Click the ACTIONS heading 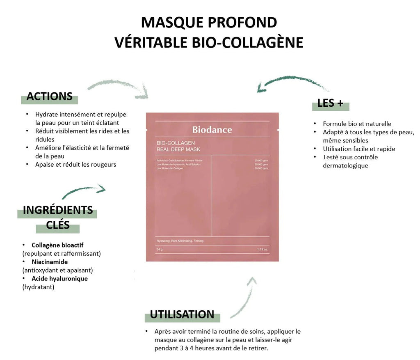tap(49, 96)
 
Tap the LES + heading tap(330, 103)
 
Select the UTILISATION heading tap(182, 314)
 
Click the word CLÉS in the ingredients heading tap(58, 225)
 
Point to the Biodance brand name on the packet tap(212, 130)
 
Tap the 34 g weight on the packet tap(160, 249)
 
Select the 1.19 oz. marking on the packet tap(262, 249)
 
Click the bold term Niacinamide tap(50, 261)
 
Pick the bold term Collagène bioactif tap(57, 245)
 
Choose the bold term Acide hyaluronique tap(59, 278)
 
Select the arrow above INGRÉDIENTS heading tap(84, 191)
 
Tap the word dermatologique tap(345, 165)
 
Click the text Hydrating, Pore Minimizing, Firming tap(180, 241)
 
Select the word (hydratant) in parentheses tap(38, 287)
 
